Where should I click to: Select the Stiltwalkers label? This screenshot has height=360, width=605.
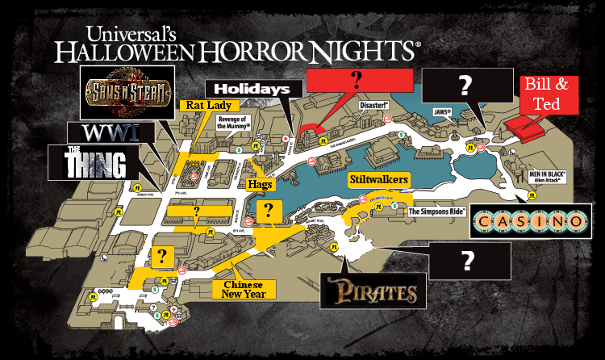pos(378,178)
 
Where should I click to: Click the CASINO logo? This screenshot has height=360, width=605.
pos(529,220)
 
